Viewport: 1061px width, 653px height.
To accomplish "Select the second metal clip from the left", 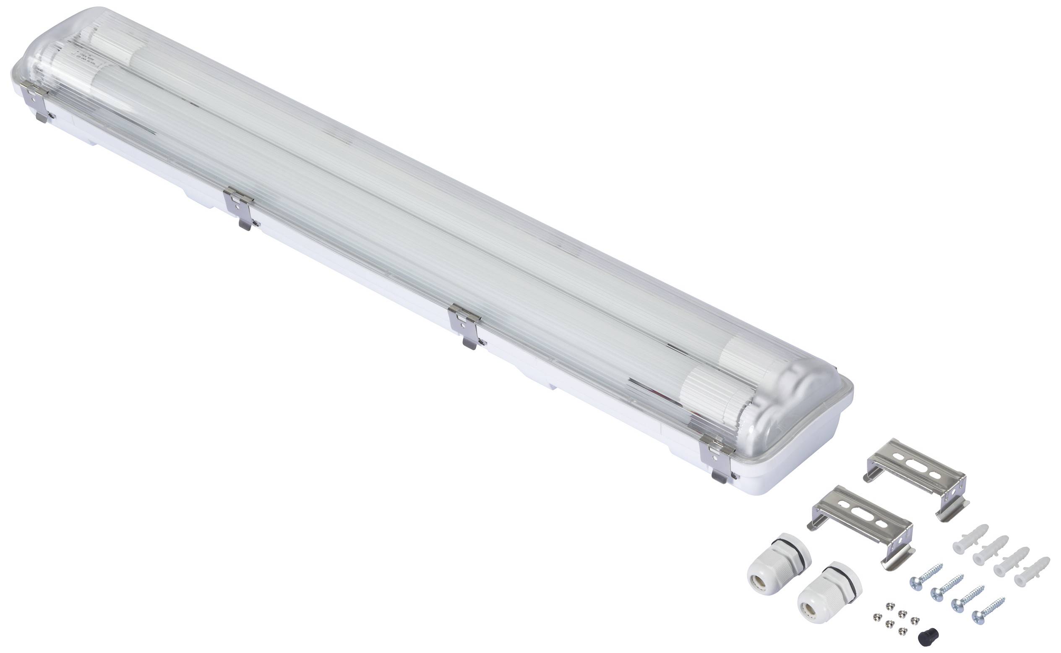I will coord(241,209).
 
